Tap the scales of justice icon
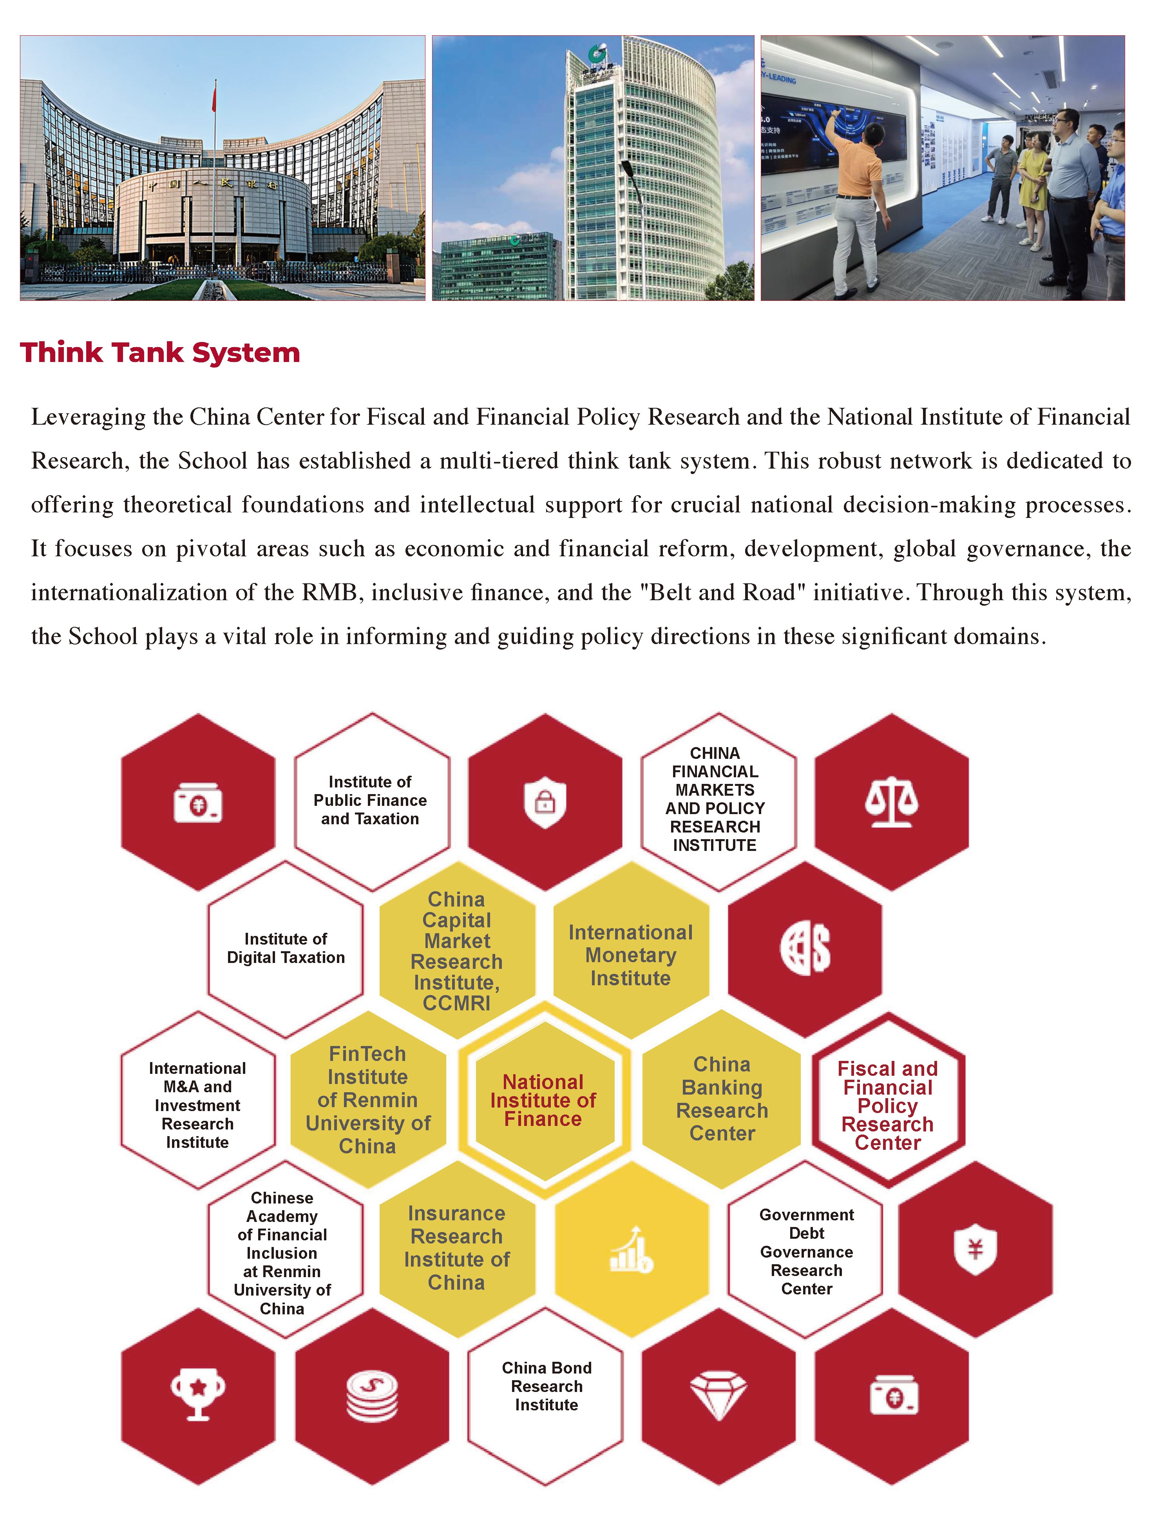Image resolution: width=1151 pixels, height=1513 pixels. coord(890,802)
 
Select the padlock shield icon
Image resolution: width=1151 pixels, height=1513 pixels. coord(545,802)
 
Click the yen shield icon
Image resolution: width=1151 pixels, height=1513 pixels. coord(975,1249)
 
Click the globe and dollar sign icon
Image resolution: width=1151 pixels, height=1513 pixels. coord(805,949)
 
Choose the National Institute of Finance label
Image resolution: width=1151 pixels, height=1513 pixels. coord(543,1100)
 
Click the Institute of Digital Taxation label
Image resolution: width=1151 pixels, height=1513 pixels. coord(286,948)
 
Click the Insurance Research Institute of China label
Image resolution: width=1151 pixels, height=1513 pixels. coord(456,1248)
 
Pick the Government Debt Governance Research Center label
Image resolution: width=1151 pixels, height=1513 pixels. coord(806,1251)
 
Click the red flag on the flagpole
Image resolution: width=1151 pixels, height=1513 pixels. coord(214,96)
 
